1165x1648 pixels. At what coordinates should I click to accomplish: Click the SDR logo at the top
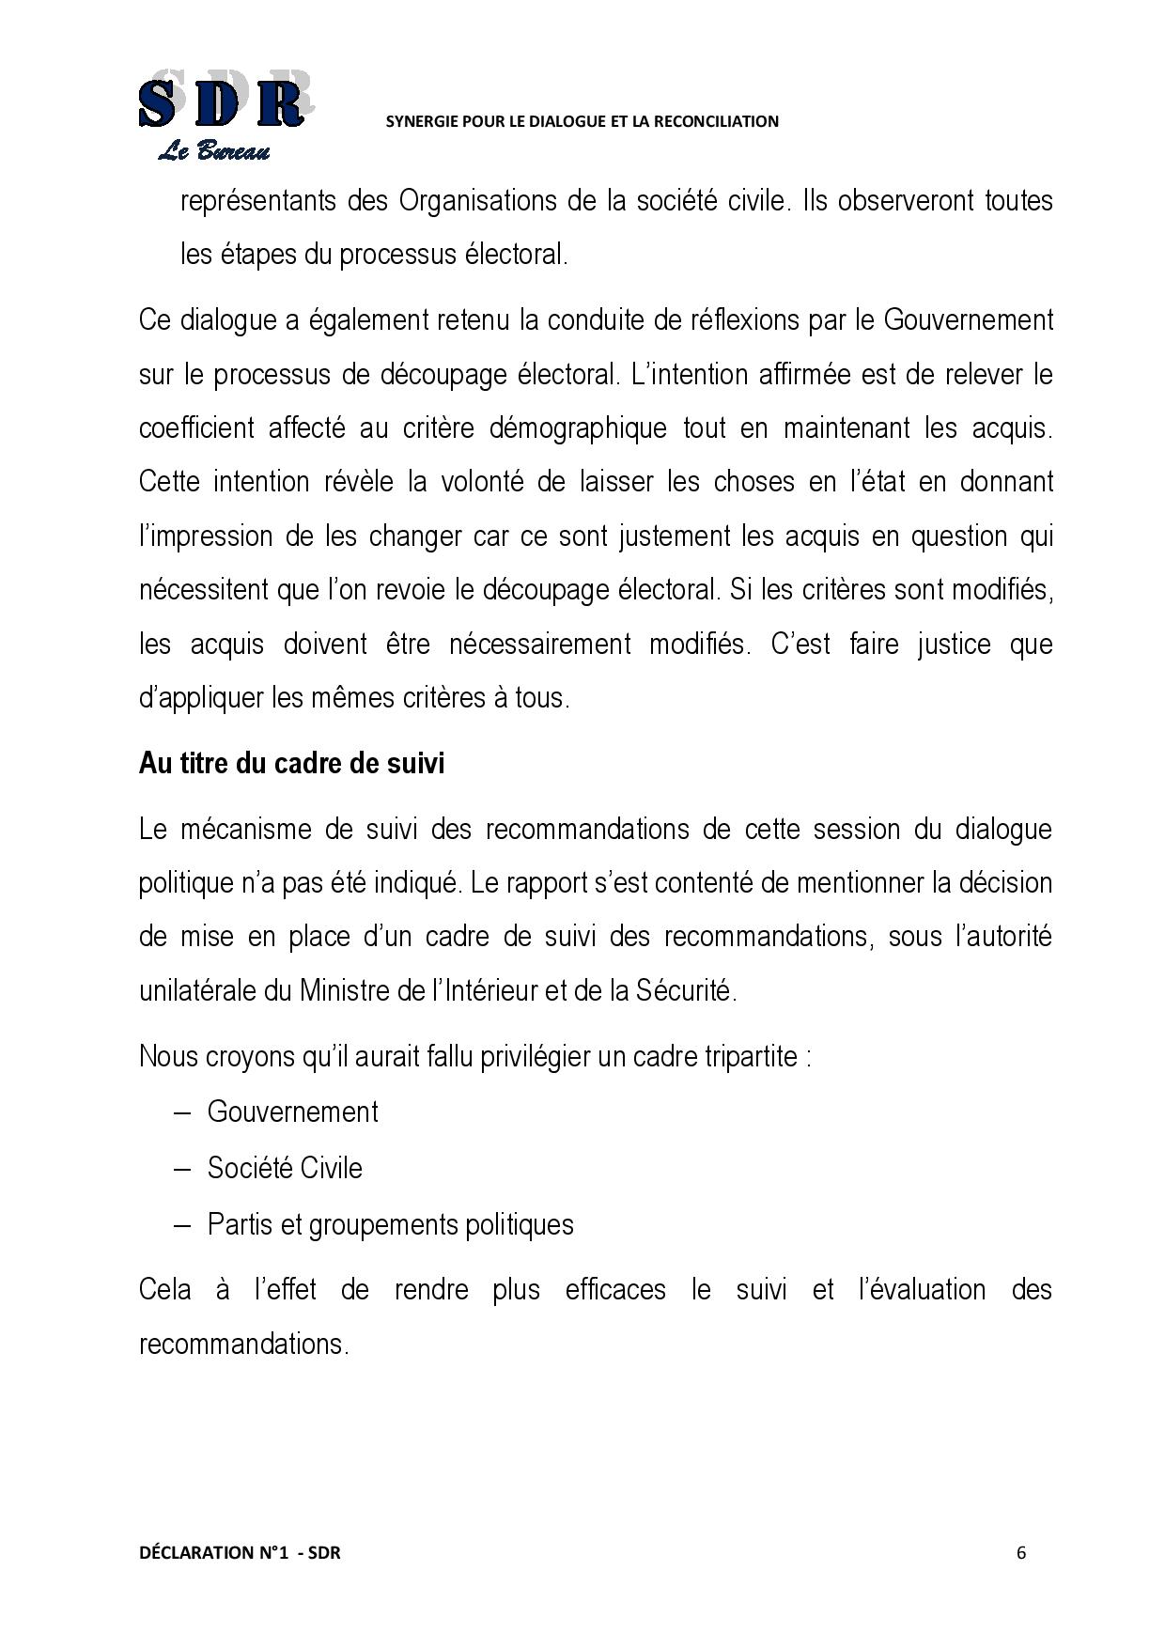point(222,101)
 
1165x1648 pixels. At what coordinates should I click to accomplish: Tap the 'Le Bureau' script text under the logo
point(214,151)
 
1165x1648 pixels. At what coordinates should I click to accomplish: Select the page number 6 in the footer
point(1021,1552)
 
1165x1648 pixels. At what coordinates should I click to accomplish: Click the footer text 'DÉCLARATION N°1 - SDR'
point(240,1552)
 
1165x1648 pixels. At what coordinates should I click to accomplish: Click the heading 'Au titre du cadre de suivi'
point(291,763)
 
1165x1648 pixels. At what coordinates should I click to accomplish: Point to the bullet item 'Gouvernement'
point(292,1112)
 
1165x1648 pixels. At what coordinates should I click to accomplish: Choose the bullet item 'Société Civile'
point(285,1168)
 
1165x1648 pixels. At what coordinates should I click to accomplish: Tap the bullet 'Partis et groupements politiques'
point(390,1224)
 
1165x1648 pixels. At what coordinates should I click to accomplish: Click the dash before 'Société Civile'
point(183,1169)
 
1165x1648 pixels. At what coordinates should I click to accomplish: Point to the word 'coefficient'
point(196,428)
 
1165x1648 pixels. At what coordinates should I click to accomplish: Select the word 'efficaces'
point(615,1289)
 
